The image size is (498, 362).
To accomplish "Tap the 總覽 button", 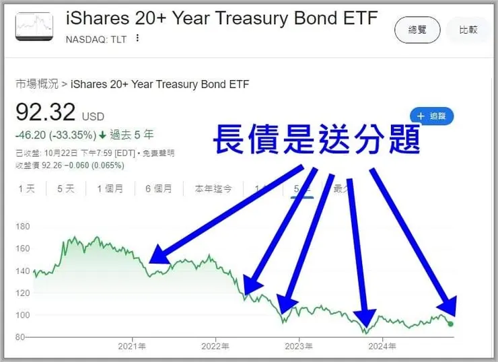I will pyautogui.click(x=417, y=30).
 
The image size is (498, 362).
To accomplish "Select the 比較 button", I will pyautogui.click(x=468, y=30).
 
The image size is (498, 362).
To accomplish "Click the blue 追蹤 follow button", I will pyautogui.click(x=431, y=116).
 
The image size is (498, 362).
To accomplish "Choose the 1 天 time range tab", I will pyautogui.click(x=26, y=189).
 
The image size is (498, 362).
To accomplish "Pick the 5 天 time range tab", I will pyautogui.click(x=65, y=189).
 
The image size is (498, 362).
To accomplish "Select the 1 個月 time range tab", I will pyautogui.click(x=110, y=189).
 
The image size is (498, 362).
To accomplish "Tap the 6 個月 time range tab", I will pyautogui.click(x=158, y=189).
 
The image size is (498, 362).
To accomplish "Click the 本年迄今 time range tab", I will pyautogui.click(x=213, y=189).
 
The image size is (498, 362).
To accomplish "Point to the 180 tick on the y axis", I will pyautogui.click(x=23, y=227).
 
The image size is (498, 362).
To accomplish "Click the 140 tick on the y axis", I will pyautogui.click(x=23, y=271).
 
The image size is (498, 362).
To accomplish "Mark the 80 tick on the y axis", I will pyautogui.click(x=20, y=337).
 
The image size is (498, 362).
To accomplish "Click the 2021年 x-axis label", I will pyautogui.click(x=132, y=347).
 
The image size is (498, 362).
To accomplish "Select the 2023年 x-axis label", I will pyautogui.click(x=299, y=347).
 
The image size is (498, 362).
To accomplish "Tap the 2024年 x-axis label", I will pyautogui.click(x=382, y=347).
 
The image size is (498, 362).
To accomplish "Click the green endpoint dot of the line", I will pyautogui.click(x=450, y=324).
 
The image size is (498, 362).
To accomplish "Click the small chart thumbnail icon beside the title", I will pyautogui.click(x=34, y=26).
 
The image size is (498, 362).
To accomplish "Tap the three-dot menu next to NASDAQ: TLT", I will pyautogui.click(x=138, y=38).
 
